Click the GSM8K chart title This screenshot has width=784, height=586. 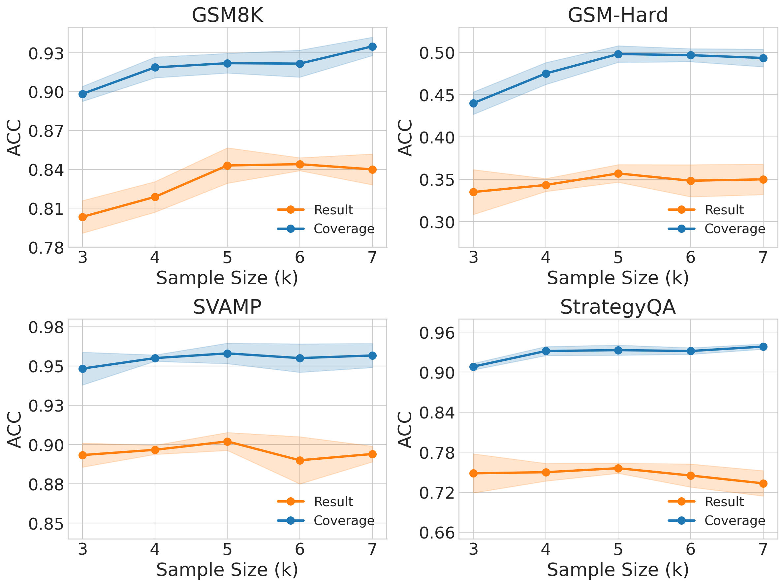(227, 15)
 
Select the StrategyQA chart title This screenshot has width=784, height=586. (618, 307)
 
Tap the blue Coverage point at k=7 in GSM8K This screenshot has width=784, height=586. (372, 47)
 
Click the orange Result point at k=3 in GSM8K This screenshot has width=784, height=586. (82, 217)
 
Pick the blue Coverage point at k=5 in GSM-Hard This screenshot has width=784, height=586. (618, 54)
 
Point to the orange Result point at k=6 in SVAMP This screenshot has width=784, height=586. (300, 461)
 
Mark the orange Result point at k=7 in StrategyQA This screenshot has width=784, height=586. (763, 484)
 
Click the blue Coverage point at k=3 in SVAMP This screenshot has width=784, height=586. (82, 369)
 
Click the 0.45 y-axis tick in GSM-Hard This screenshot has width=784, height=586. (437, 95)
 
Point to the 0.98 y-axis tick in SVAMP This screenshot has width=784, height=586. (46, 327)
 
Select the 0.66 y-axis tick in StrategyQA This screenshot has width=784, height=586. (437, 533)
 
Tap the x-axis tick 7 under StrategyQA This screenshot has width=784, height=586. (763, 549)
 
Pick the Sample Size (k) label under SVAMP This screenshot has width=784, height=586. (227, 570)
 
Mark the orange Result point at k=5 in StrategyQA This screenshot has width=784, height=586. (618, 468)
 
